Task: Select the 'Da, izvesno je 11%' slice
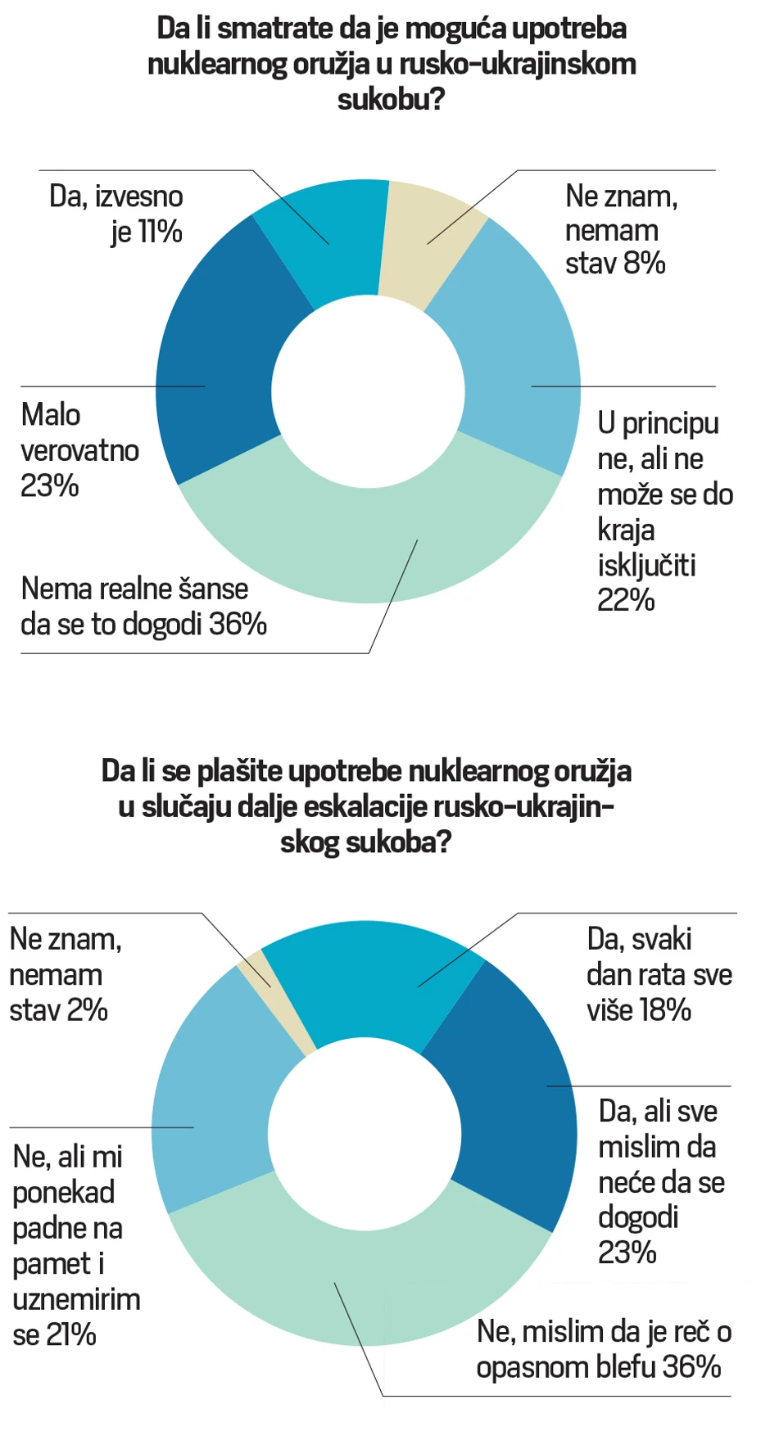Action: tap(328, 237)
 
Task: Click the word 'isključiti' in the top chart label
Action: tap(646, 566)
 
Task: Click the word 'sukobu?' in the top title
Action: tap(391, 99)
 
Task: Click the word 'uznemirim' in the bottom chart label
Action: tap(75, 1300)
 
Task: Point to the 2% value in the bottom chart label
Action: tap(88, 1011)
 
